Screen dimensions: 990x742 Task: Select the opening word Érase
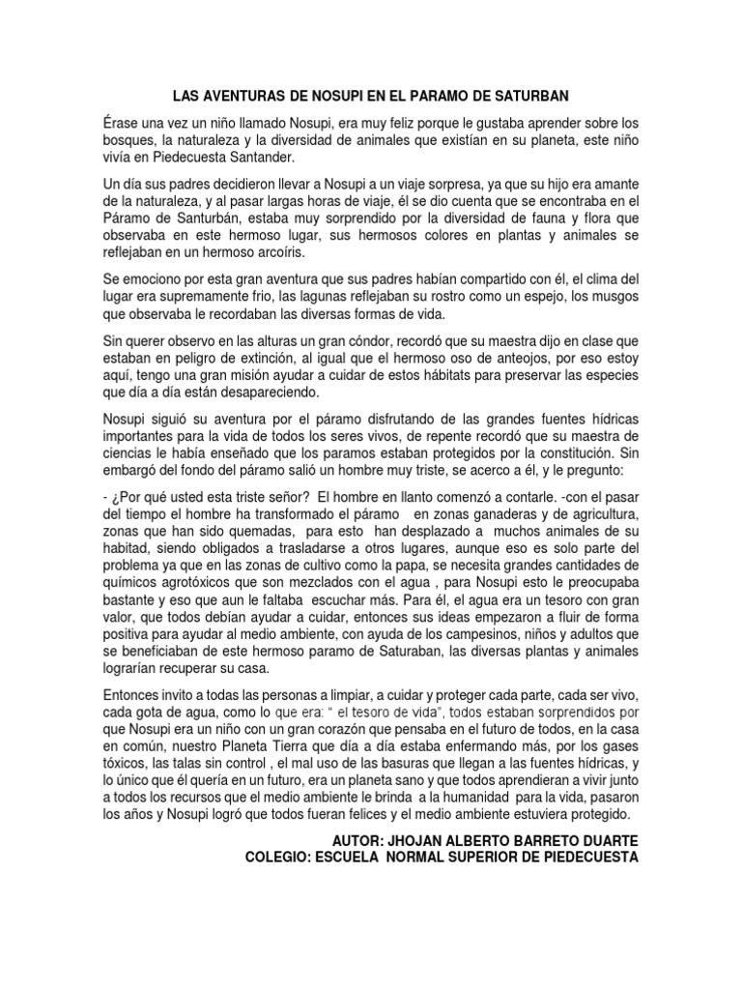122,124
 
